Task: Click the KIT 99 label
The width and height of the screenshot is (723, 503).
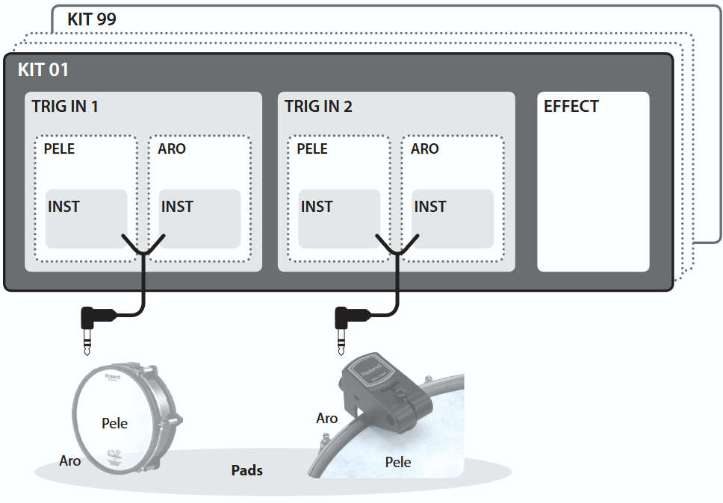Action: click(x=92, y=19)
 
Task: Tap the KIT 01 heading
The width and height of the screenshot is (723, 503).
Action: click(x=43, y=70)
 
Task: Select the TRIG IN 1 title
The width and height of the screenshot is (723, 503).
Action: click(x=65, y=107)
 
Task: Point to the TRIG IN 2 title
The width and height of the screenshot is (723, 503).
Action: click(x=318, y=107)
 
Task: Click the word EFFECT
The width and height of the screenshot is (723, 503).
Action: click(x=571, y=107)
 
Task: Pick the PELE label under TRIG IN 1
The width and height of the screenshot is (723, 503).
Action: click(x=59, y=149)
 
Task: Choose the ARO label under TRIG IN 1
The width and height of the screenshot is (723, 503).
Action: click(x=172, y=149)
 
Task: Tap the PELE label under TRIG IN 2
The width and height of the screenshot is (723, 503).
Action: click(x=312, y=149)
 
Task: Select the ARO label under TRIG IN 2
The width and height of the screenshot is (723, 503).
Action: click(x=425, y=149)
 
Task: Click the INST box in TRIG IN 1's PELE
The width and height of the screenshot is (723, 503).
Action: click(x=86, y=219)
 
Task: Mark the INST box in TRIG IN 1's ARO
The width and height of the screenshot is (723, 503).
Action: click(x=199, y=219)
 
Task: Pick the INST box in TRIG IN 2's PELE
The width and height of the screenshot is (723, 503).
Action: click(x=339, y=219)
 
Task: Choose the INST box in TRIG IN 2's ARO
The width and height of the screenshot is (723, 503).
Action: click(x=453, y=219)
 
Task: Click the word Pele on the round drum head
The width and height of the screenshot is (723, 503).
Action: click(x=114, y=423)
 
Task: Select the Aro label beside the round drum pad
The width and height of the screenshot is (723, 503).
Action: click(x=70, y=460)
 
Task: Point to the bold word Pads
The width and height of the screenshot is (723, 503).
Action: click(x=246, y=470)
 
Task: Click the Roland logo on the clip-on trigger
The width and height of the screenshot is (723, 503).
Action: click(x=372, y=369)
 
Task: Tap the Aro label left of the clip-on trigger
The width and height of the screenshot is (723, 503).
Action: click(x=327, y=418)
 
